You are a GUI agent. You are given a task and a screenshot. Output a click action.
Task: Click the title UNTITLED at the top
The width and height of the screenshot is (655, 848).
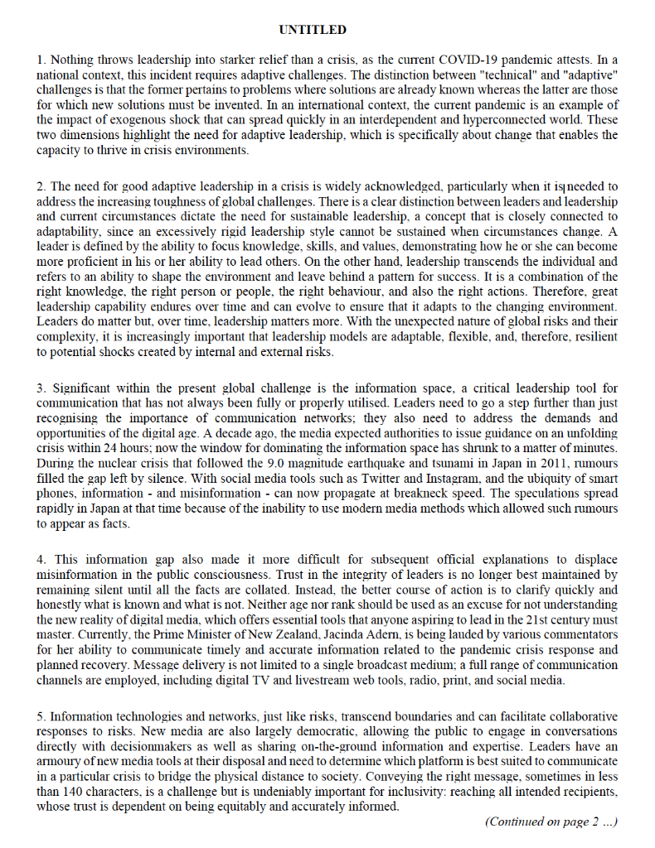[x=313, y=30]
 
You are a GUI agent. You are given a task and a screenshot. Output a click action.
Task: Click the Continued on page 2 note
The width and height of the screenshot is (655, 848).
[x=551, y=821]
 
